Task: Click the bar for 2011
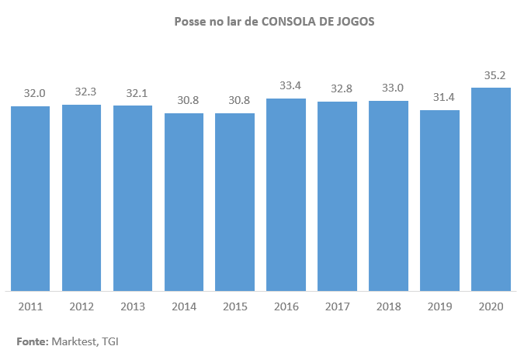pos(30,199)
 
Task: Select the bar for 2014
pos(184,202)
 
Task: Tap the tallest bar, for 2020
pos(491,189)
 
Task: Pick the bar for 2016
pos(286,195)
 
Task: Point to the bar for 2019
pos(439,200)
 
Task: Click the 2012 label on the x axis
pos(82,306)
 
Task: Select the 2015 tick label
pos(235,306)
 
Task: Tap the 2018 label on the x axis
pos(389,306)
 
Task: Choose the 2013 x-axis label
pos(133,306)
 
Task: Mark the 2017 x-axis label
pos(338,306)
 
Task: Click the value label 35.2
pos(491,76)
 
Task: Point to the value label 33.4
pos(286,87)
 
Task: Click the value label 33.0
pos(388,88)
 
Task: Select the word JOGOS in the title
pos(357,22)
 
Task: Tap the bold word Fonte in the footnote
pos(30,341)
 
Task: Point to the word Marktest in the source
pos(74,341)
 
